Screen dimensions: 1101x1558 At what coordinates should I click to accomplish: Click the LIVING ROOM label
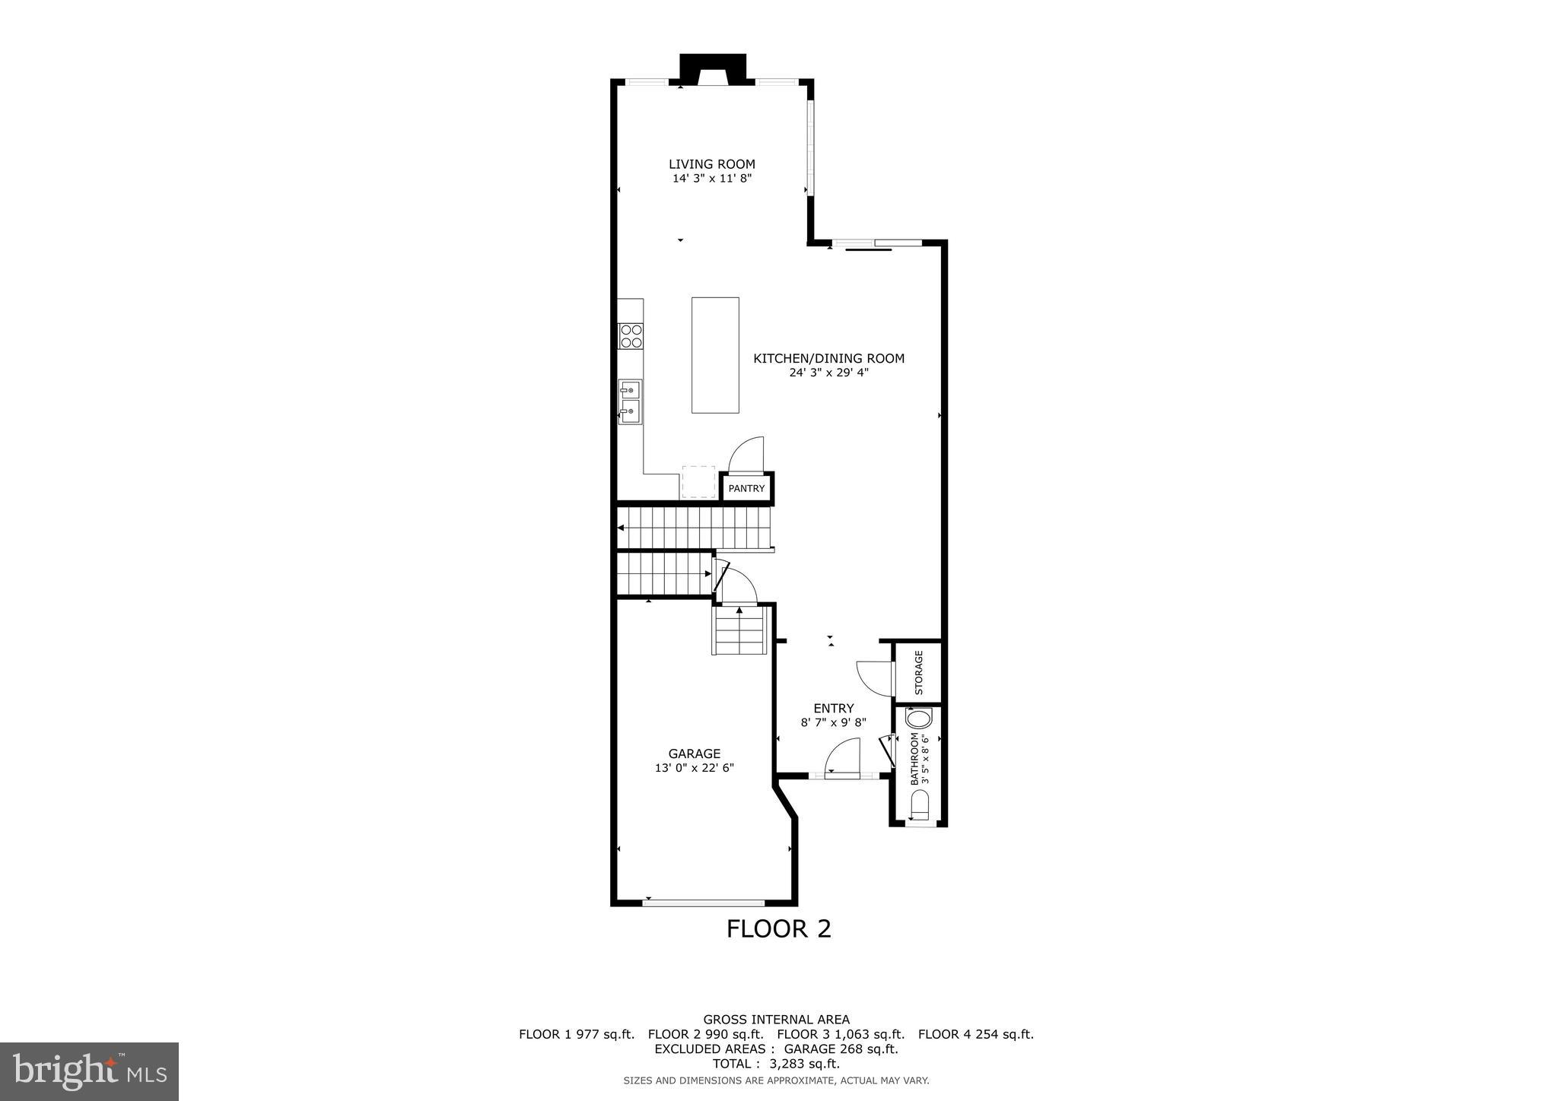click(x=711, y=164)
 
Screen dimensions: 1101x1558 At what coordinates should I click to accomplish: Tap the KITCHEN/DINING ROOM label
click(x=828, y=358)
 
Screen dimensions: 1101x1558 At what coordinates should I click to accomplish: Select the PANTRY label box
click(x=746, y=488)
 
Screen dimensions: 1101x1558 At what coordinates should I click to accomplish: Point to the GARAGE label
click(x=694, y=754)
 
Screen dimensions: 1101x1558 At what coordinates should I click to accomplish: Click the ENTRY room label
click(x=833, y=708)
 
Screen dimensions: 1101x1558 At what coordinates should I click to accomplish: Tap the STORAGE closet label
click(x=918, y=672)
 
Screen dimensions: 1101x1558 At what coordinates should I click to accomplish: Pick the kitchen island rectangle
click(x=714, y=355)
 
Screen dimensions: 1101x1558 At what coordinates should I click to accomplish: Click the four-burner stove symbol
click(x=631, y=335)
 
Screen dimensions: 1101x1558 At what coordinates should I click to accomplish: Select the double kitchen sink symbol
click(x=630, y=401)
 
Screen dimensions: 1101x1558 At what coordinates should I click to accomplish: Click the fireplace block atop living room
click(x=712, y=68)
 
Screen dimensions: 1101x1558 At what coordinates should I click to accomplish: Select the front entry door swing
click(x=842, y=758)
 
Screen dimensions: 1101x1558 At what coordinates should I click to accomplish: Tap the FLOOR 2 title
click(x=778, y=928)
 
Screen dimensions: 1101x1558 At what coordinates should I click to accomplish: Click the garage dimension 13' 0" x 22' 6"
click(x=694, y=768)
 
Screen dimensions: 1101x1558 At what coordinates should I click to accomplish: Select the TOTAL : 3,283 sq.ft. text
click(x=776, y=1063)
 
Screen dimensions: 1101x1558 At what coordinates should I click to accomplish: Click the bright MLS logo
click(x=89, y=1071)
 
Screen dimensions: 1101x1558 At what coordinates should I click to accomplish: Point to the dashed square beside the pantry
click(x=698, y=481)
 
